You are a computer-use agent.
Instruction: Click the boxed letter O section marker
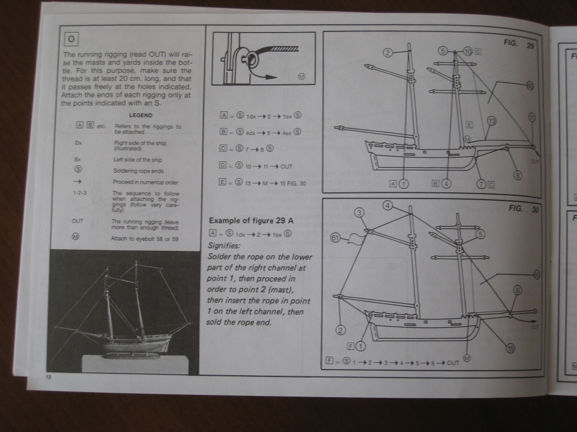pyautogui.click(x=70, y=39)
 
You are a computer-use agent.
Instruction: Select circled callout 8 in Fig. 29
pyautogui.click(x=518, y=175)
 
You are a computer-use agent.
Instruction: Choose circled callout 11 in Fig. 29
pyautogui.click(x=532, y=116)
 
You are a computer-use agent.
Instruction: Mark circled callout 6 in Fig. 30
pyautogui.click(x=517, y=290)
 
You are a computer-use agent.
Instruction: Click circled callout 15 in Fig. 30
pyautogui.click(x=511, y=349)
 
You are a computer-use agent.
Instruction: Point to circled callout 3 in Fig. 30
pyautogui.click(x=359, y=212)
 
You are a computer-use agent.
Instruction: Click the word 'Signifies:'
pyautogui.click(x=224, y=245)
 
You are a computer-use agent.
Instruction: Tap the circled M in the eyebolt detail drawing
pyautogui.click(x=301, y=76)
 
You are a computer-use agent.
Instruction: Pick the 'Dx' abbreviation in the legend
pyautogui.click(x=79, y=143)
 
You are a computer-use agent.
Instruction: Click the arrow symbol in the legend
pyautogui.click(x=79, y=182)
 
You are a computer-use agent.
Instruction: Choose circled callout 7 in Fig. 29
pyautogui.click(x=482, y=183)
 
